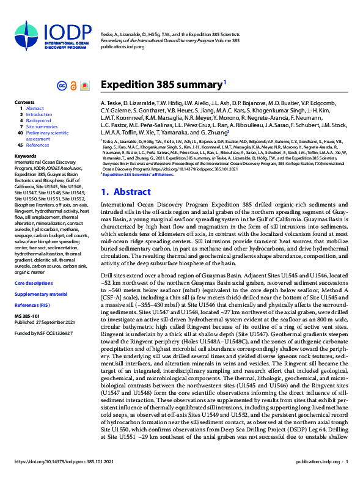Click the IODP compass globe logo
coord(30,36)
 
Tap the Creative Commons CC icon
coord(61,86)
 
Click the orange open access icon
coord(73,86)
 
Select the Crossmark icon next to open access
coord(85,86)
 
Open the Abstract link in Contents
coord(35,108)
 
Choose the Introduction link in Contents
coord(38,114)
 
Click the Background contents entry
coord(38,120)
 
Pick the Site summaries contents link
coord(42,127)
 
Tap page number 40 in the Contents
coord(20,133)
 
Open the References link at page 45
coord(37,145)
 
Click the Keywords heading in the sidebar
coord(25,156)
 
